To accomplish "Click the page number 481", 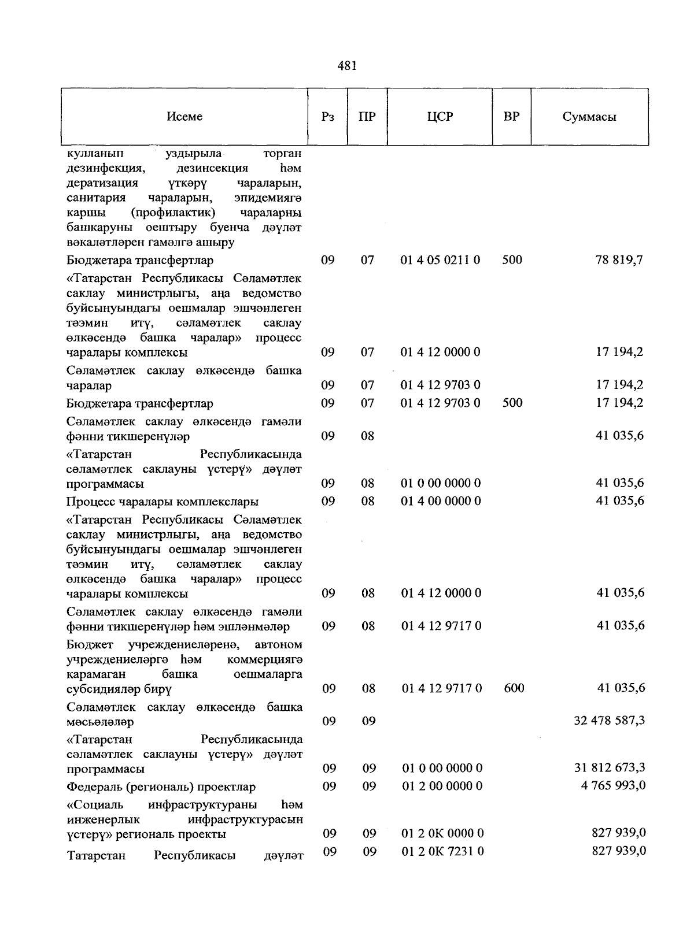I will (347, 66).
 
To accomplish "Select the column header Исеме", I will (184, 117).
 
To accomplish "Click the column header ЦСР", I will (440, 117).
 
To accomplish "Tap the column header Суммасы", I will (589, 117).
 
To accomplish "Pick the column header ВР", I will (511, 117).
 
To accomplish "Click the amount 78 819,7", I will (619, 260).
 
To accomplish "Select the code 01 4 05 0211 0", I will (440, 260).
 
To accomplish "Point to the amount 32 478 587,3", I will (609, 721).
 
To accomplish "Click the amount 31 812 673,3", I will (609, 768).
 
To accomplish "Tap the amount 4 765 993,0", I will (613, 786).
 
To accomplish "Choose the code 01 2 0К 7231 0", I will (442, 851).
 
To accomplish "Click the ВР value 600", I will (513, 688).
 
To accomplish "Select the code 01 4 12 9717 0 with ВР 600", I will (441, 688).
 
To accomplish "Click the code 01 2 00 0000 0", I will (442, 786).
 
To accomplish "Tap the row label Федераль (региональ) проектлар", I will (161, 787).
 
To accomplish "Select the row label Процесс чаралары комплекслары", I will (162, 502).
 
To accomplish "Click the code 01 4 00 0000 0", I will (441, 500).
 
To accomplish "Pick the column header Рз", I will (327, 117).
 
